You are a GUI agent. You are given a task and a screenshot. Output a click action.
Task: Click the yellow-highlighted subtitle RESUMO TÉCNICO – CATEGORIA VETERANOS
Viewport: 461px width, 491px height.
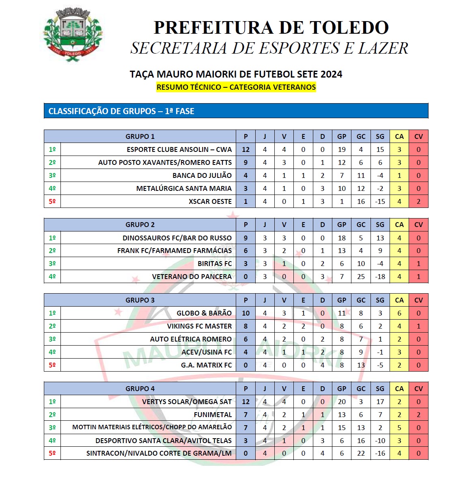[x=236, y=87]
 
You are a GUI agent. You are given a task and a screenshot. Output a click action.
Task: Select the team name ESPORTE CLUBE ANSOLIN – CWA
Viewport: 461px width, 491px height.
[x=179, y=149]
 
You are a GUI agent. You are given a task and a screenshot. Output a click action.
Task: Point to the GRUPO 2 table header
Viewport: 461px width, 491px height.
[x=140, y=225]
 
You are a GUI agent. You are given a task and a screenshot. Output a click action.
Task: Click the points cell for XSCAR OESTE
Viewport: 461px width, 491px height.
[x=246, y=201]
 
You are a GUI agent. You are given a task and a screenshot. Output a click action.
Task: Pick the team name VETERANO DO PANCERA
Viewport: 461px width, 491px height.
[x=192, y=277]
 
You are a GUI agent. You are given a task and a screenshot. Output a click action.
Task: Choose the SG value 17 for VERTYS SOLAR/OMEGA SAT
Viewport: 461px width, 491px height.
[x=380, y=402]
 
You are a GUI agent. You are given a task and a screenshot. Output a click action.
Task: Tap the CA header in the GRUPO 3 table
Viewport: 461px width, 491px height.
[x=399, y=300]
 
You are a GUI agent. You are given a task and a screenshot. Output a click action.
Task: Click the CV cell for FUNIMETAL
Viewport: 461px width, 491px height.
[x=418, y=415]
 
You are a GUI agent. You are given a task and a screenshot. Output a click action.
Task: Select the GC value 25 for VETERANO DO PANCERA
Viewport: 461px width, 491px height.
[x=361, y=277]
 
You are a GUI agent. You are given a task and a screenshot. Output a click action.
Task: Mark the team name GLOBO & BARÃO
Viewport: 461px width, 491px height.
[x=204, y=313]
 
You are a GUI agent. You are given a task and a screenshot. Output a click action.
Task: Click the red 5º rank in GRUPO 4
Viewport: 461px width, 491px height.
[x=52, y=453]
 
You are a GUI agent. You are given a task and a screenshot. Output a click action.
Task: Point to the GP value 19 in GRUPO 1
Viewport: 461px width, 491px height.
[x=342, y=149]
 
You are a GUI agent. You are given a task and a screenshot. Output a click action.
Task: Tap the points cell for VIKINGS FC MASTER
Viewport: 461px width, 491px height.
[x=246, y=326]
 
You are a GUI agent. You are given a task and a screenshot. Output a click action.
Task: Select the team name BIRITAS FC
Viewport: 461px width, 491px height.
[x=215, y=264]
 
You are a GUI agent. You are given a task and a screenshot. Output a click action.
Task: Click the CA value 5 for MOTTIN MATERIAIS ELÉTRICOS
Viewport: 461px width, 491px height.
[x=399, y=428]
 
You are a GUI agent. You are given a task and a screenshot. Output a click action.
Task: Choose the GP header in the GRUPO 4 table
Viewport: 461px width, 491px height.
[x=342, y=389]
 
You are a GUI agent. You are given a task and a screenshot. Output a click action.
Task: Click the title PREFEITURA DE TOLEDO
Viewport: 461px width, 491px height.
[x=271, y=28]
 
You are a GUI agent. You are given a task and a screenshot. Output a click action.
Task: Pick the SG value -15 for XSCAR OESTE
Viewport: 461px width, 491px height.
[x=380, y=201]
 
